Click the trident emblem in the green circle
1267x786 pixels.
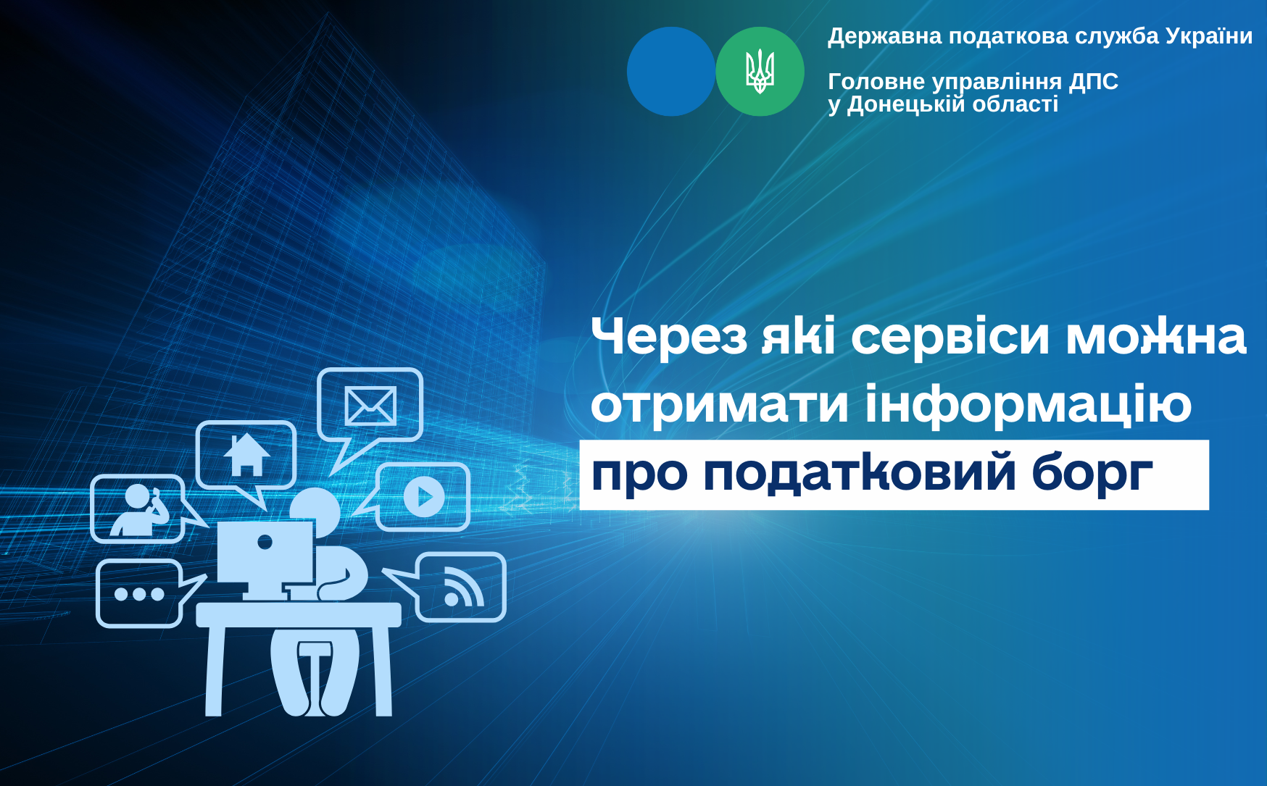tap(760, 72)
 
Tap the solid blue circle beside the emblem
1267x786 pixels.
tap(671, 72)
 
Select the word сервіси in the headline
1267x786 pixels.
tap(950, 337)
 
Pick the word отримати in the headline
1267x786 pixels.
tap(720, 404)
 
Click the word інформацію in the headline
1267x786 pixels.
tap(1029, 404)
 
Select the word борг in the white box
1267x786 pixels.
tap(1092, 474)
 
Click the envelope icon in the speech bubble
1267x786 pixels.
tap(370, 406)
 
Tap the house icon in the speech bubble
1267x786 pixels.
tap(246, 454)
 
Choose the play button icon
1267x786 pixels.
tap(423, 497)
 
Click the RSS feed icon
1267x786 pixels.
tap(463, 588)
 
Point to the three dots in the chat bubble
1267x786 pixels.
tap(139, 594)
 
